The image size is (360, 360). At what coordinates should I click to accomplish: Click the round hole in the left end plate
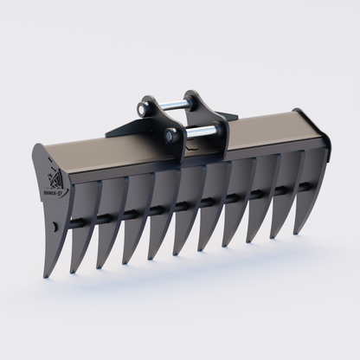pos(55,227)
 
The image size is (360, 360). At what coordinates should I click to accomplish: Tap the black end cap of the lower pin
pos(170,136)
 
